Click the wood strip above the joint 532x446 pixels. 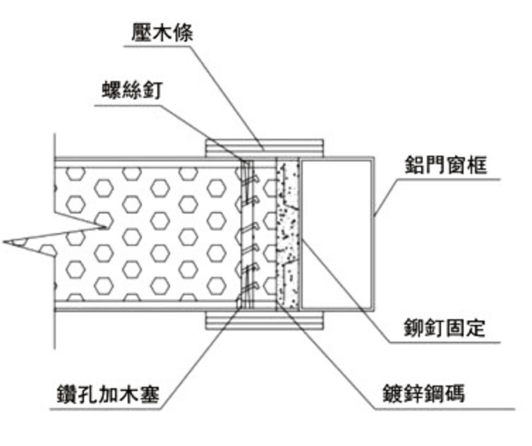coord(264,147)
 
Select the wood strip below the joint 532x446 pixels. coord(264,321)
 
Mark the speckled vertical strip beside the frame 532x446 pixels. coord(289,233)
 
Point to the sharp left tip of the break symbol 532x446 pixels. coord(6,242)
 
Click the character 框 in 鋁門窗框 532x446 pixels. coord(476,165)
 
